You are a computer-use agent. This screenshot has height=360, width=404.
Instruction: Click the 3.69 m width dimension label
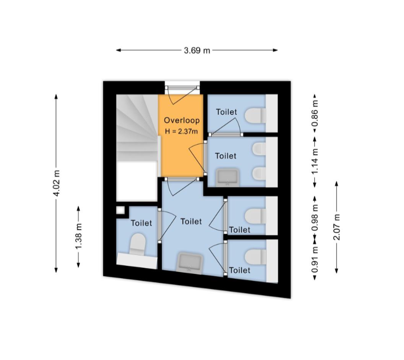pyautogui.click(x=197, y=50)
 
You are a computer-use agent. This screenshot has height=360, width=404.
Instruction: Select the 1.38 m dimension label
pyautogui.click(x=79, y=236)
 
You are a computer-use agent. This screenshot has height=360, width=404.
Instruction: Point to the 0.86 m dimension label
pyautogui.click(x=315, y=113)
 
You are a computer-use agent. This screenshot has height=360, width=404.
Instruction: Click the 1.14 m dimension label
pyautogui.click(x=315, y=162)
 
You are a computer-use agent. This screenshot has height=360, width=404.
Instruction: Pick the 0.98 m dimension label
pyautogui.click(x=315, y=218)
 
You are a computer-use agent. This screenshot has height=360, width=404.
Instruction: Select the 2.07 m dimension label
pyautogui.click(x=337, y=227)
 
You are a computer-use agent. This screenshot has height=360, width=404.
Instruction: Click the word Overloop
pyautogui.click(x=181, y=120)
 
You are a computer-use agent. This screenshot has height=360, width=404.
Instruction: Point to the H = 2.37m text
pyautogui.click(x=181, y=132)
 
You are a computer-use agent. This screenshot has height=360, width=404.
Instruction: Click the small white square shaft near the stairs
pyautogui.click(x=120, y=210)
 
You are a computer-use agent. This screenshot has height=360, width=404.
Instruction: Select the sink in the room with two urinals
pyautogui.click(x=227, y=178)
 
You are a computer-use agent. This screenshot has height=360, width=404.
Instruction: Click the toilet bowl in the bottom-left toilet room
pyautogui.click(x=137, y=244)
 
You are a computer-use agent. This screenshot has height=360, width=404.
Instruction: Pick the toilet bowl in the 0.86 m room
pyautogui.click(x=255, y=116)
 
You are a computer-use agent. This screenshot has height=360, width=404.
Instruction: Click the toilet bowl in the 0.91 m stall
pyautogui.click(x=255, y=257)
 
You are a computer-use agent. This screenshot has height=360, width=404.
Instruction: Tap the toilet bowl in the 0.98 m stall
pyautogui.click(x=255, y=216)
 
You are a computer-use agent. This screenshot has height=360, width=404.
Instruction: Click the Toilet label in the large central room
pyautogui.click(x=191, y=221)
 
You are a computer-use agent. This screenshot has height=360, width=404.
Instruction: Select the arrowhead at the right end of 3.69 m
pyautogui.click(x=275, y=50)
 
